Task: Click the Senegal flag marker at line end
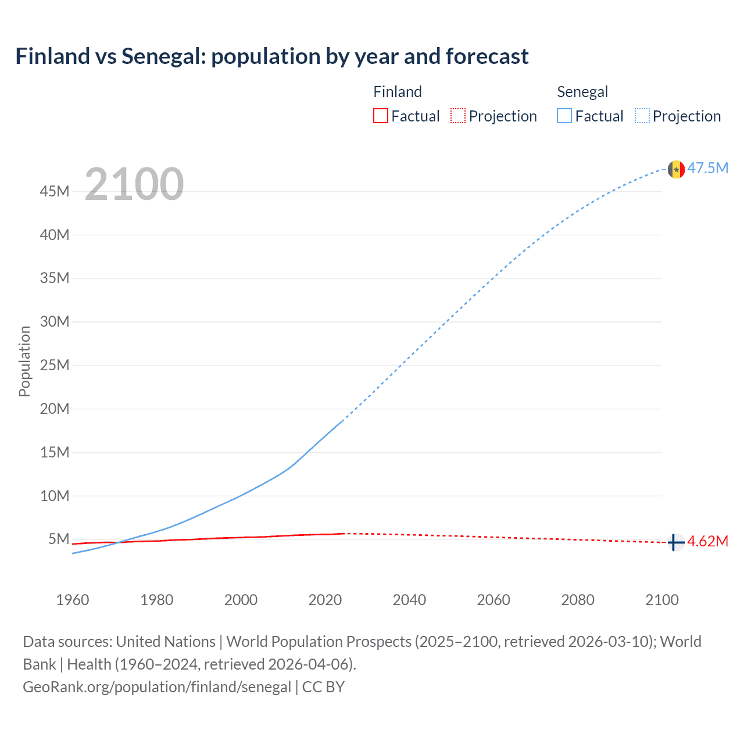pyautogui.click(x=676, y=169)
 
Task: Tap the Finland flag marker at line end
pyautogui.click(x=675, y=542)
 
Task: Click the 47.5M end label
pyautogui.click(x=708, y=169)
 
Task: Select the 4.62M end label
pyautogui.click(x=708, y=542)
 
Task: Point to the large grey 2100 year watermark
pyautogui.click(x=134, y=184)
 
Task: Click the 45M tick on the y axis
pyautogui.click(x=55, y=191)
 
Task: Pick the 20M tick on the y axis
pyautogui.click(x=55, y=409)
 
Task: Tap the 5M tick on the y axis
pyautogui.click(x=59, y=539)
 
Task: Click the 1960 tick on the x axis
pyautogui.click(x=73, y=600)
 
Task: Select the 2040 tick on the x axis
pyautogui.click(x=409, y=600)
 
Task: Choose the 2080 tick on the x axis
pyautogui.click(x=578, y=600)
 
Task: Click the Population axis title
pyautogui.click(x=24, y=361)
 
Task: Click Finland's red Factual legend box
pyautogui.click(x=381, y=116)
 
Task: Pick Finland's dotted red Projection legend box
pyautogui.click(x=458, y=116)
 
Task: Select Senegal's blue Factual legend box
pyautogui.click(x=564, y=116)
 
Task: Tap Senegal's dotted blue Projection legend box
pyautogui.click(x=642, y=116)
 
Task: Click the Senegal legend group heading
pyautogui.click(x=582, y=92)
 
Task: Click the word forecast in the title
pyautogui.click(x=487, y=56)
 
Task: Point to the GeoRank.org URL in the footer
pyautogui.click(x=157, y=687)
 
